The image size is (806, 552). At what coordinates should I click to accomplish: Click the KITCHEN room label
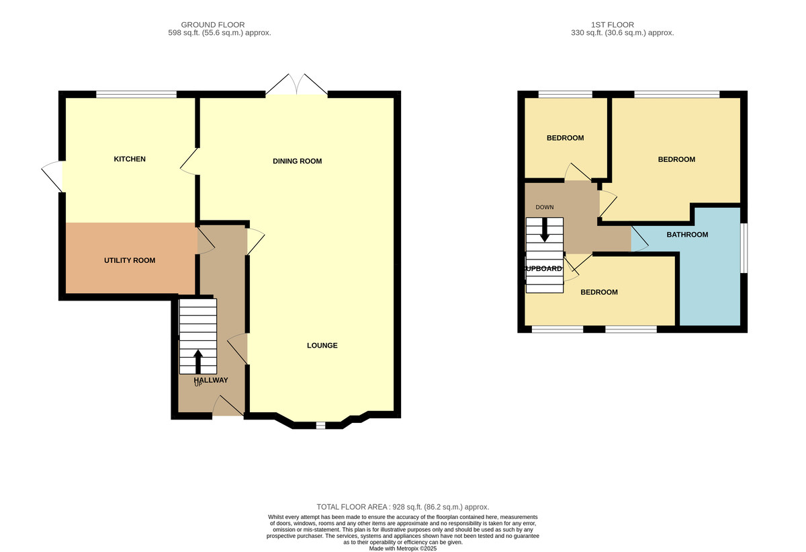click(x=130, y=159)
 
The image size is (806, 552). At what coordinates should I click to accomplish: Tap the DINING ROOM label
click(x=297, y=161)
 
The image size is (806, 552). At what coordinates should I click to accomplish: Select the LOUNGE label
click(x=322, y=346)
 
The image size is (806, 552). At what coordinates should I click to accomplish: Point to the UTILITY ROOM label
click(x=130, y=260)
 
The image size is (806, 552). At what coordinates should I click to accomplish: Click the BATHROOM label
click(x=687, y=235)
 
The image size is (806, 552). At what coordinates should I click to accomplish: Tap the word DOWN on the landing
click(x=545, y=207)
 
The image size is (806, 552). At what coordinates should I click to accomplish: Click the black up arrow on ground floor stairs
click(x=198, y=361)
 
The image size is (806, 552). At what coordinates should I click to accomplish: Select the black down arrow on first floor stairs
click(x=545, y=230)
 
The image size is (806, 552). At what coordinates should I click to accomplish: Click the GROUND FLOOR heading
click(x=213, y=25)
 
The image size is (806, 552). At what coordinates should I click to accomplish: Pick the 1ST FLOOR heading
click(x=613, y=25)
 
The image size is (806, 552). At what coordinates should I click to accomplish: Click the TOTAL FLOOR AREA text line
click(x=402, y=507)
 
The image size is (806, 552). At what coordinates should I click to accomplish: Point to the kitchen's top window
click(x=136, y=94)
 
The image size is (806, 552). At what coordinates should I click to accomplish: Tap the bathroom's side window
click(x=744, y=248)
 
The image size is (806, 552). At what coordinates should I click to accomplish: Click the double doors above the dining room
click(x=296, y=85)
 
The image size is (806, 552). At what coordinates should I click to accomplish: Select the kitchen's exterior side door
click(x=52, y=176)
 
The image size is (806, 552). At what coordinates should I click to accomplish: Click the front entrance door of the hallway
click(x=228, y=407)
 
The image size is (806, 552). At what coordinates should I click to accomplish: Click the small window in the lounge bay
click(x=320, y=426)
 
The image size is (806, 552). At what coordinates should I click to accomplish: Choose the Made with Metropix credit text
click(x=402, y=549)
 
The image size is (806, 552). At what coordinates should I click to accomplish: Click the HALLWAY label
click(x=211, y=381)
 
